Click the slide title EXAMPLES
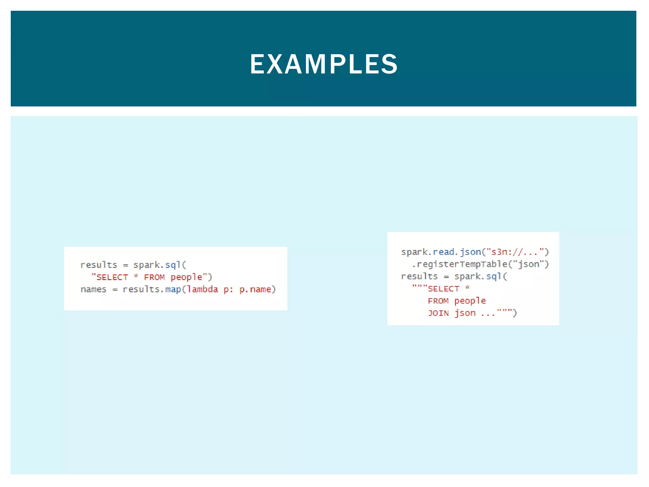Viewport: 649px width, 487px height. [324, 64]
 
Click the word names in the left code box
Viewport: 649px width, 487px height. [93, 289]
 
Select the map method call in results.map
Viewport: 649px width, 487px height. [173, 289]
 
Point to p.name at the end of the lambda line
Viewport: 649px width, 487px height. [255, 289]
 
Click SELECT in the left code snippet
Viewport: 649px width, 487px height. [112, 277]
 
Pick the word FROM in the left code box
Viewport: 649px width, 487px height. [154, 277]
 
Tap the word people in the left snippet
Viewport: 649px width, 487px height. [186, 277]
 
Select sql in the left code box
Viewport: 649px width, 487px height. [173, 265]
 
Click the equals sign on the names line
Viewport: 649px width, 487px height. [115, 289]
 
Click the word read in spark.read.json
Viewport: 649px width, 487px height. [444, 252]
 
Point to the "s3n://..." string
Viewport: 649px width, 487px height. [515, 252]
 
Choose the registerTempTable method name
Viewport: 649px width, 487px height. [462, 264]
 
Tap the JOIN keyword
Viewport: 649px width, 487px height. [438, 313]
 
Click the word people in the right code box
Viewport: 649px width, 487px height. [470, 301]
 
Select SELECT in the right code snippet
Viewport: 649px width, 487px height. [443, 289]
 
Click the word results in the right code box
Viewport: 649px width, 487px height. [419, 276]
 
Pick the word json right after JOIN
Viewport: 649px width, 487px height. [465, 313]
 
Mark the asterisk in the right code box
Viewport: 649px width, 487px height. [467, 288]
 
